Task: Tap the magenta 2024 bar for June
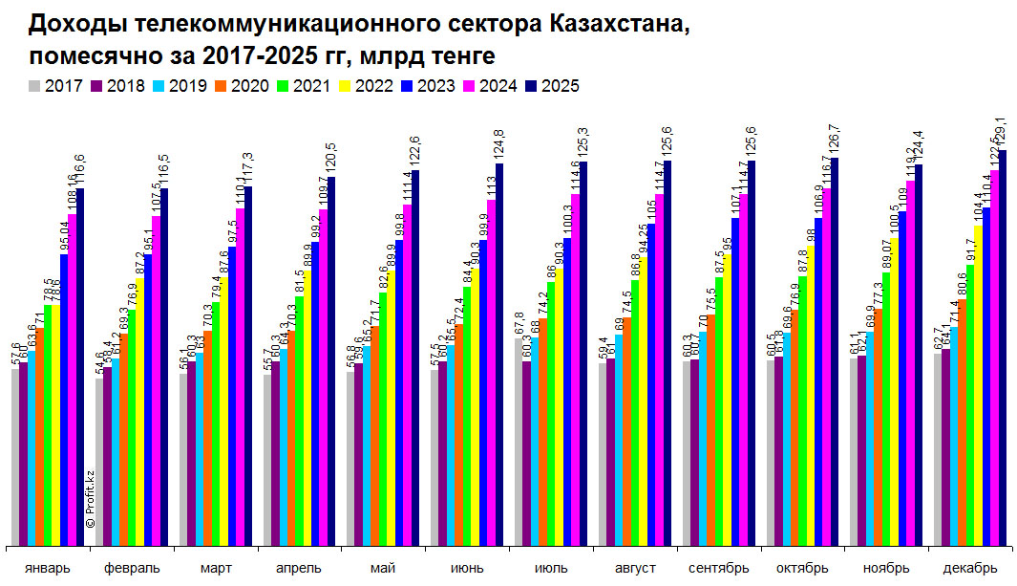pyautogui.click(x=492, y=373)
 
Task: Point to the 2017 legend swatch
pyautogui.click(x=36, y=86)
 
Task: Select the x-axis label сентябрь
pyautogui.click(x=718, y=568)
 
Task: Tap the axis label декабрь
pyautogui.click(x=970, y=568)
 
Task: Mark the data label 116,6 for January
pyautogui.click(x=80, y=170)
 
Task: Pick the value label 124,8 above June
pyautogui.click(x=500, y=146)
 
